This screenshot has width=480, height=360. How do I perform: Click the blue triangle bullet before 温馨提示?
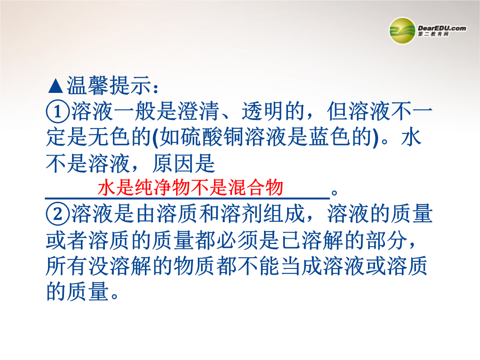56,86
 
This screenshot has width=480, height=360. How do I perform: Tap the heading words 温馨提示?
109,85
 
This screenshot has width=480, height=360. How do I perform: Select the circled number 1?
57,112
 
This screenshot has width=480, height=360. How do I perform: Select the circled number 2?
57,214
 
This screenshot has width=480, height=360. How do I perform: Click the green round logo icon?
402,31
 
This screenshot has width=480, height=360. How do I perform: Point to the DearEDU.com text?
442,28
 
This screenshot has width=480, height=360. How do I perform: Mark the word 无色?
109,137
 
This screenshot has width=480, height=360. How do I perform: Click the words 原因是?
184,163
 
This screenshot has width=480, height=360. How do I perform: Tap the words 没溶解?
120,266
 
